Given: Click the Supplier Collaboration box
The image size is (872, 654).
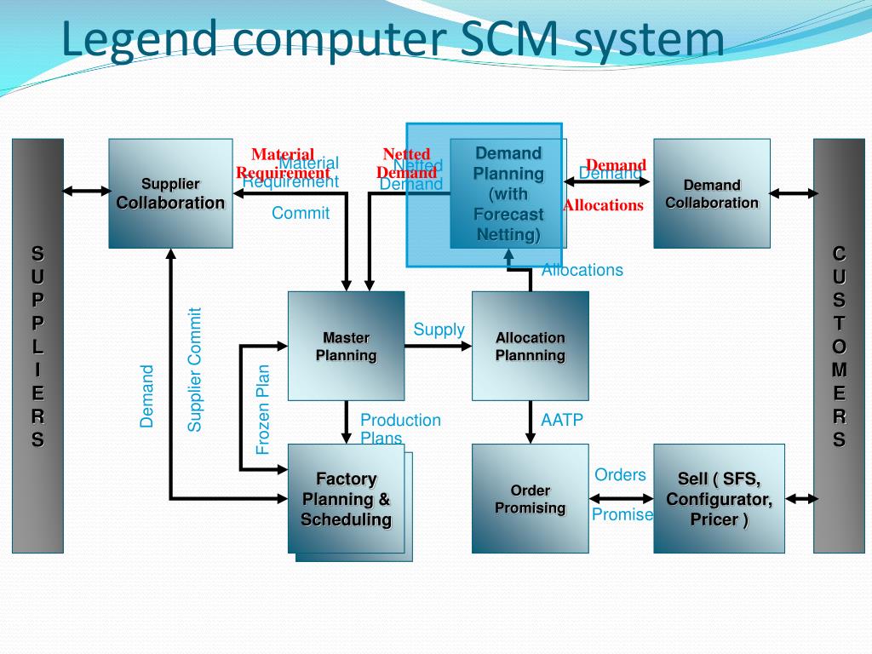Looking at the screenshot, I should click(x=170, y=193).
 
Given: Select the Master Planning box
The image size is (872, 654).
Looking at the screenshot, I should click(x=346, y=346).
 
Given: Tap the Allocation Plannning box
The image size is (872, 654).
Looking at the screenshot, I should click(x=530, y=346).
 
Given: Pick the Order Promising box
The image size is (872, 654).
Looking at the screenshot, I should click(x=530, y=499).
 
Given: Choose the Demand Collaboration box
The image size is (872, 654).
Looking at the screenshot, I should click(x=712, y=193).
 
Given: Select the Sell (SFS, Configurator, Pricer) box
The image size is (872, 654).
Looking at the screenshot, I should click(x=719, y=499).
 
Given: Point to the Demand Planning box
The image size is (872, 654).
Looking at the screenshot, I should click(x=508, y=194).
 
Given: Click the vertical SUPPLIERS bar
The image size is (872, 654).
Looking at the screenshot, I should click(x=37, y=346).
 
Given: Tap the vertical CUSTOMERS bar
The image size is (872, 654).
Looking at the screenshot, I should click(x=839, y=346).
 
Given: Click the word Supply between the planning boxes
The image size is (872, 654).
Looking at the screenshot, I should click(x=439, y=330).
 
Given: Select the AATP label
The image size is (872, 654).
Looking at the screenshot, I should click(x=562, y=420).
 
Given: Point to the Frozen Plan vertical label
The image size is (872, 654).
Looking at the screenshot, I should click(x=263, y=409).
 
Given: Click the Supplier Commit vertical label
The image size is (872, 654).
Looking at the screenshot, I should click(x=195, y=369).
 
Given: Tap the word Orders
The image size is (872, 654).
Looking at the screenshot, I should click(x=620, y=475).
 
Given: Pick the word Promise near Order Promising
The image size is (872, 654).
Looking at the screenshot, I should click(x=622, y=514).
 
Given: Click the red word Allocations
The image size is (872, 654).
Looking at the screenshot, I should click(x=603, y=205).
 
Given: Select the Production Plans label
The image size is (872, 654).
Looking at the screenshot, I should click(x=400, y=428).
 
